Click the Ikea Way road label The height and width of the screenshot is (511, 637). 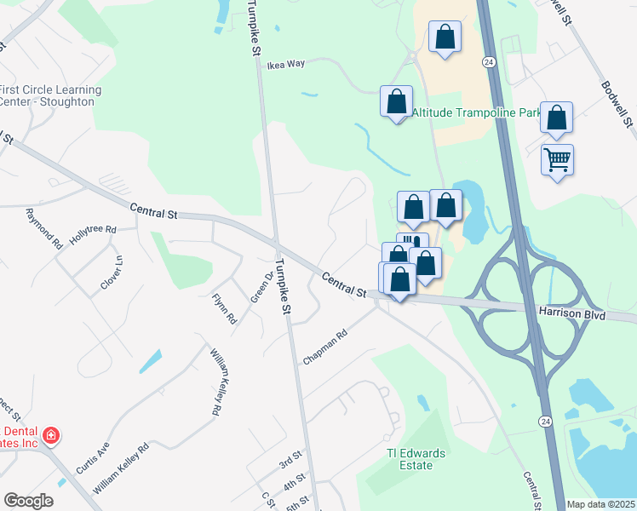coord(285,65)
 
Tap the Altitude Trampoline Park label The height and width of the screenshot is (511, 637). coord(476,112)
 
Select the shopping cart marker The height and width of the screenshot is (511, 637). coord(557,159)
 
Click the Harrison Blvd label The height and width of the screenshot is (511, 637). coord(571,314)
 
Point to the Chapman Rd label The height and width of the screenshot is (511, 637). coord(326,347)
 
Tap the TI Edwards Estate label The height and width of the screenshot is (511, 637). coord(416,459)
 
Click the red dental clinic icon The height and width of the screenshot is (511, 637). coord(51,436)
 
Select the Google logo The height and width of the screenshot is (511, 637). coord(28,501)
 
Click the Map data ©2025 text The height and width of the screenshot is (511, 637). coord(600,504)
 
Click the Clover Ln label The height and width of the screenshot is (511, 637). coord(112,273)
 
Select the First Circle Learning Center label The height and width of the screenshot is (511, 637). coord(51,95)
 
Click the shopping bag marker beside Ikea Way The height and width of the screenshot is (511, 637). coord(396,101)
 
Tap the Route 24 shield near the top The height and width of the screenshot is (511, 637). coord(488,62)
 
